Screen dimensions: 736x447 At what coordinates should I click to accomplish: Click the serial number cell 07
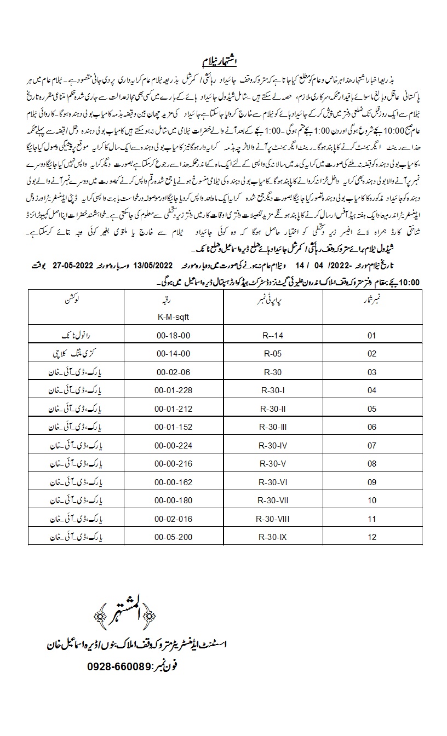coord(373,445)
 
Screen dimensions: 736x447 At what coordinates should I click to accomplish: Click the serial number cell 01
coord(373,334)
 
